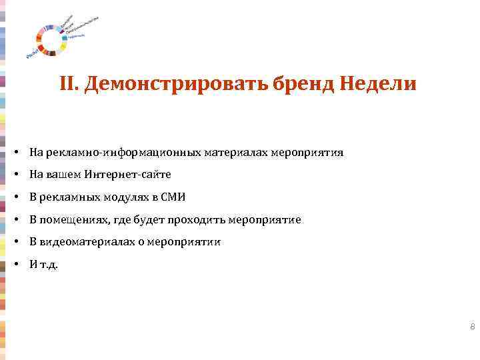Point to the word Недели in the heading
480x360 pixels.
point(378,85)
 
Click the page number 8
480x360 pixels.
point(472,327)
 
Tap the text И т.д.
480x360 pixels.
point(43,265)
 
